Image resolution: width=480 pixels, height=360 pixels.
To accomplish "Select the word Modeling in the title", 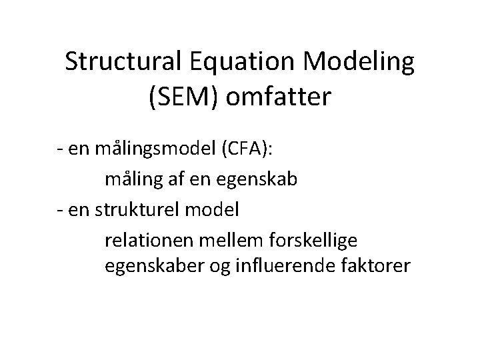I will [x=359, y=65].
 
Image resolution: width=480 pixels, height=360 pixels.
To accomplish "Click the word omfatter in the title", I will [x=279, y=97].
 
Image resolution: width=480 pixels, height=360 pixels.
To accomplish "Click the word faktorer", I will [x=375, y=266].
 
